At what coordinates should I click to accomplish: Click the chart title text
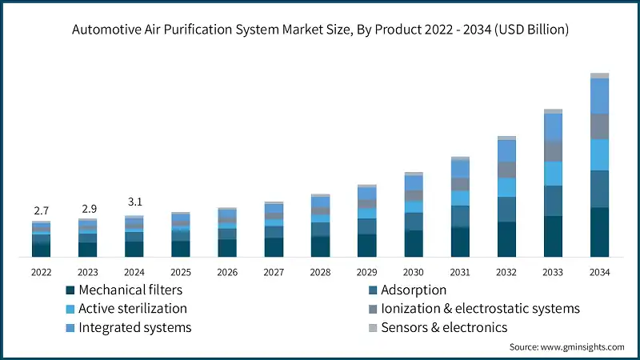point(320,30)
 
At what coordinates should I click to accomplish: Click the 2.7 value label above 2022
point(41,210)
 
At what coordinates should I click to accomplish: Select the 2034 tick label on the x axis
point(599,272)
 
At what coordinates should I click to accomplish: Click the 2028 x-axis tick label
point(320,272)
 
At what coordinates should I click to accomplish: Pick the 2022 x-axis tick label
point(41,272)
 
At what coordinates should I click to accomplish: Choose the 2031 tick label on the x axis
point(459,272)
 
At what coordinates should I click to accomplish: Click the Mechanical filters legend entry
point(125,290)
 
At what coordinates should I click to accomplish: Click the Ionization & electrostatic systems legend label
point(480,309)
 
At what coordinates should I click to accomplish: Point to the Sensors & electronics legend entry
point(444,327)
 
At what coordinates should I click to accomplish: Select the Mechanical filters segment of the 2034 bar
point(599,232)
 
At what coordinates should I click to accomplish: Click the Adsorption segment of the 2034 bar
point(599,189)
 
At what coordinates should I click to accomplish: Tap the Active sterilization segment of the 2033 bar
point(553,174)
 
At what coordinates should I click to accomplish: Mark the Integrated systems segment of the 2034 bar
point(599,96)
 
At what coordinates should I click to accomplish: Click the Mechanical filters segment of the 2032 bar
point(506,239)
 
